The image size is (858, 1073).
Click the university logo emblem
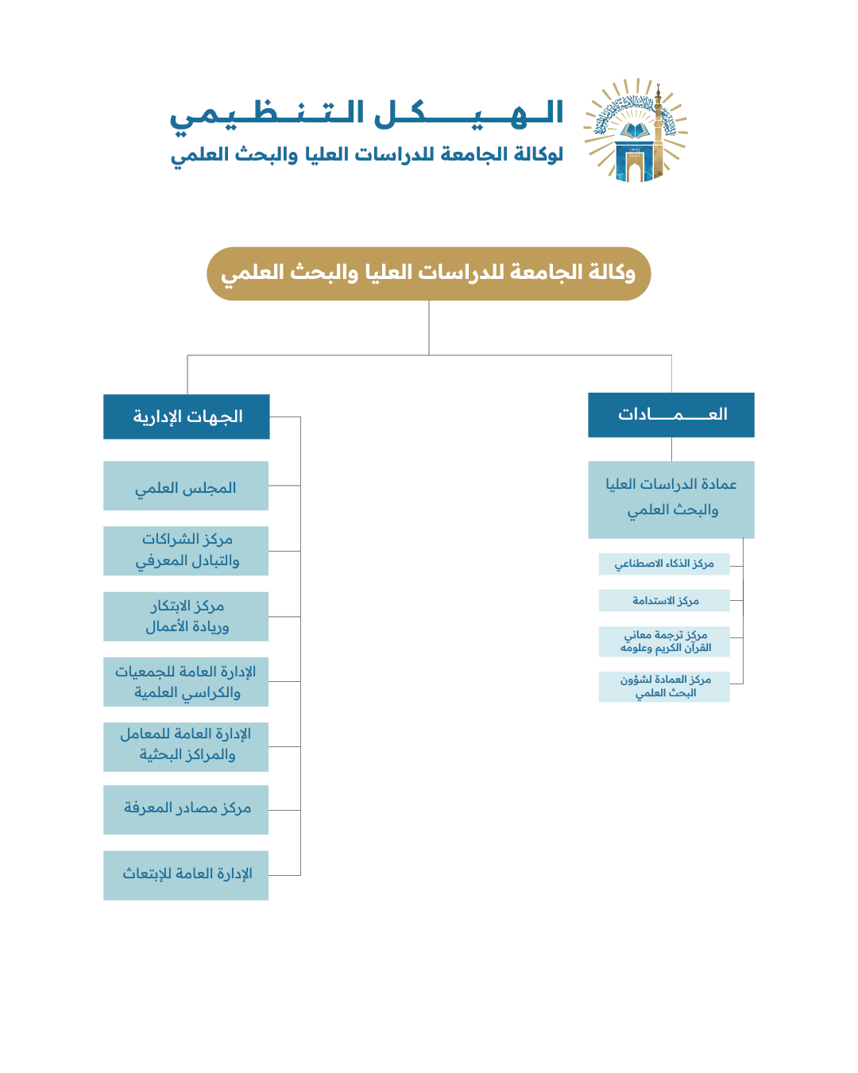(636, 131)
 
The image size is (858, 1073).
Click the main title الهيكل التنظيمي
(367, 114)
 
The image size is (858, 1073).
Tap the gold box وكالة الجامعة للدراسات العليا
(428, 273)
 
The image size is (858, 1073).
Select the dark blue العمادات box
(671, 415)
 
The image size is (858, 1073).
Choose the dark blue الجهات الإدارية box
(187, 416)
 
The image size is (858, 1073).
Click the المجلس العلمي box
(186, 486)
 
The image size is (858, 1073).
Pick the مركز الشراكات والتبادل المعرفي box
(186, 551)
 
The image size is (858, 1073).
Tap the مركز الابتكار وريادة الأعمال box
(186, 616)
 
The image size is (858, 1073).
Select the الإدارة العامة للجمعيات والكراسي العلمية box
(186, 682)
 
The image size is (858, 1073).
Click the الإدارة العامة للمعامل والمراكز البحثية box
(186, 746)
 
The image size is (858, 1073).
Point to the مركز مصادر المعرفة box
(186, 810)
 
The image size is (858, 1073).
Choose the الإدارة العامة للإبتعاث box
(186, 875)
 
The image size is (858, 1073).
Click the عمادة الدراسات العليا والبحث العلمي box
(671, 499)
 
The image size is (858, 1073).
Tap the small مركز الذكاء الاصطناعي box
(664, 564)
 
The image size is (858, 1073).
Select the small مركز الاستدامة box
(664, 601)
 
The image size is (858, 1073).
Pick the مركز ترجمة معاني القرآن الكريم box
(664, 641)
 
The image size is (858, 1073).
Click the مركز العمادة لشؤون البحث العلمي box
(664, 687)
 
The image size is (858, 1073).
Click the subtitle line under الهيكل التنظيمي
(367, 154)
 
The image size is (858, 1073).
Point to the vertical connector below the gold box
(429, 327)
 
